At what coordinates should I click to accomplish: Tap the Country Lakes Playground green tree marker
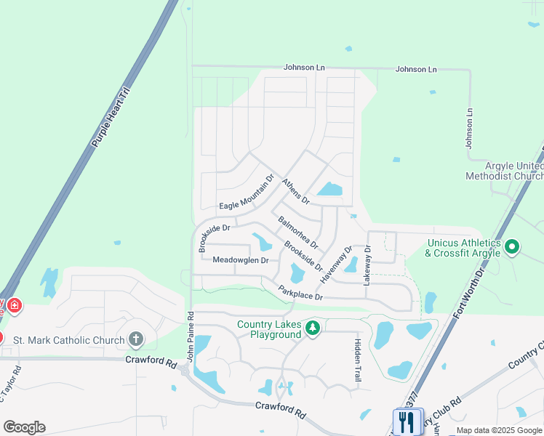tap(313, 328)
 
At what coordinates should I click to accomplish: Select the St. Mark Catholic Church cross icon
tap(135, 339)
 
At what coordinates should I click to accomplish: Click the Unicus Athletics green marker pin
tap(512, 247)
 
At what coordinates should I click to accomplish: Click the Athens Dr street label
tap(296, 190)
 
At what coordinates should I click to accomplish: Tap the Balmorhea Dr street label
tap(298, 231)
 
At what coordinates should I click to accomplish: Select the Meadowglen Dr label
tap(241, 260)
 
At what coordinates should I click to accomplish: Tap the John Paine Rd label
tap(191, 337)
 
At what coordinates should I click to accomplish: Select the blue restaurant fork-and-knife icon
tap(408, 421)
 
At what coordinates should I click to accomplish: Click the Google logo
tap(24, 427)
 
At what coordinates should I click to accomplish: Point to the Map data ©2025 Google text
tap(499, 431)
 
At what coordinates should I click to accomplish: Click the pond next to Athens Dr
tap(329, 190)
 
